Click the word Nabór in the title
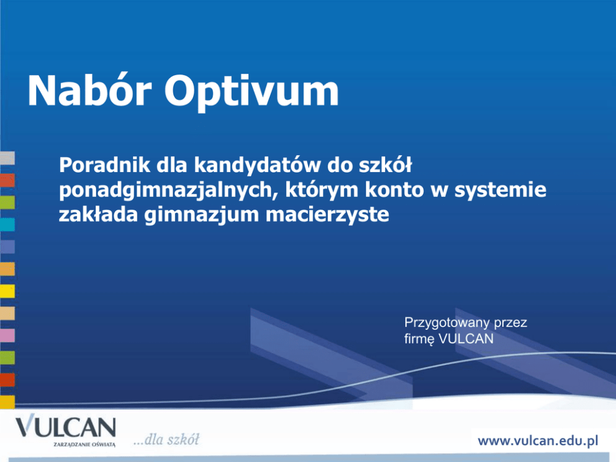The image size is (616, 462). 89,91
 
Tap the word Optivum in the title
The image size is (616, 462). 252,93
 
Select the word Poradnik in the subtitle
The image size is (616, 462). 104,165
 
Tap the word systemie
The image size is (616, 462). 500,191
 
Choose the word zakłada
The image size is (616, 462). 98,214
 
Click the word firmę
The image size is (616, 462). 419,339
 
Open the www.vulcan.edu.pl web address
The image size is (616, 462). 538,441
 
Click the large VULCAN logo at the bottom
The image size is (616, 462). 66,427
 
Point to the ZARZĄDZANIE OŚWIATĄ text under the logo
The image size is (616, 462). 84,445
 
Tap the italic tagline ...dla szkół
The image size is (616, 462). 166,440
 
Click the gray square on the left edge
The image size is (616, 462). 7,158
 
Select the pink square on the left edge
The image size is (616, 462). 7,335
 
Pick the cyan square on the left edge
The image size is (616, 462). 7,225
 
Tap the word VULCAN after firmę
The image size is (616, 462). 466,338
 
